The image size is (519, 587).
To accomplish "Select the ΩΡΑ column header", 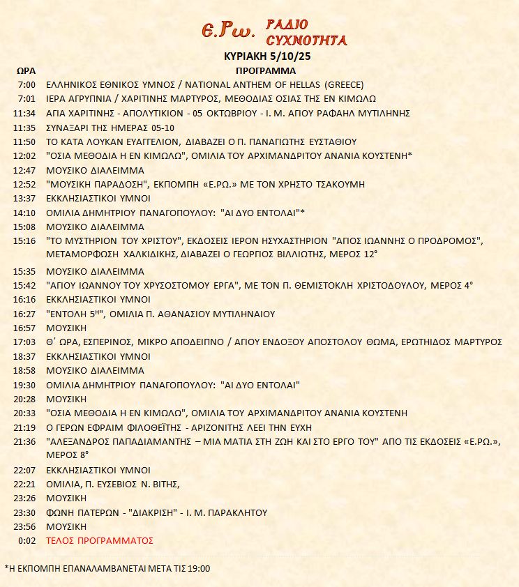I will (x=26, y=70).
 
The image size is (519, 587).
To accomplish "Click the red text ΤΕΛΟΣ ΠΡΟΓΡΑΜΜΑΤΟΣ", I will (x=99, y=540).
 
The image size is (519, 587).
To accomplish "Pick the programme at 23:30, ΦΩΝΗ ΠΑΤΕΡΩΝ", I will (x=156, y=512).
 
